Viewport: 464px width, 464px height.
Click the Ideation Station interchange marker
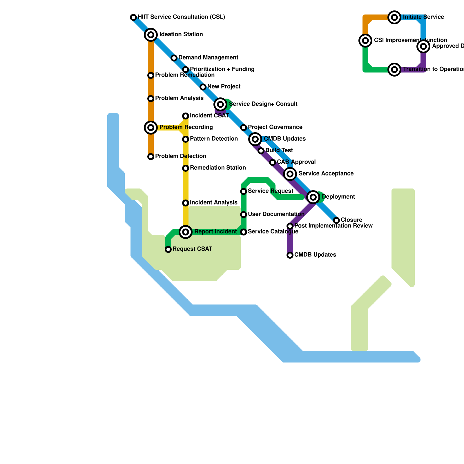[x=151, y=35]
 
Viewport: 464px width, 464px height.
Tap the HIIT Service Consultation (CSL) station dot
[x=133, y=17]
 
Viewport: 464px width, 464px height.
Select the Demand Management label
[x=208, y=58]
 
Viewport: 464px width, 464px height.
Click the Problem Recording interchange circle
[x=151, y=128]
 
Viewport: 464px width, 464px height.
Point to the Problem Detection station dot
[x=151, y=157]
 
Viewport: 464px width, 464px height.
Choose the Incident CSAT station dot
[x=186, y=116]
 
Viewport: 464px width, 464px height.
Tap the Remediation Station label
[x=218, y=168]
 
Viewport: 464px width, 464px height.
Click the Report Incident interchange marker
[x=186, y=232]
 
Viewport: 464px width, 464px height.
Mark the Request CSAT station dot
[x=168, y=249]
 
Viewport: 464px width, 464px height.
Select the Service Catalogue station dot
[x=244, y=232]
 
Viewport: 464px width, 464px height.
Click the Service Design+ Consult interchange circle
[x=220, y=104]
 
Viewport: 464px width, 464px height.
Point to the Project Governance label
[x=275, y=127]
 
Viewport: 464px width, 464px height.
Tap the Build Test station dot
[x=261, y=151]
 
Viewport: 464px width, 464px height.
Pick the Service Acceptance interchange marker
[x=290, y=174]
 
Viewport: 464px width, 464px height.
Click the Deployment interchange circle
[x=313, y=197]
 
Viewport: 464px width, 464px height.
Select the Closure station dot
[x=336, y=220]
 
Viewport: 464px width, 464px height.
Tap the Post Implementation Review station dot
[x=290, y=226]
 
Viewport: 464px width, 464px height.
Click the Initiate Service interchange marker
[x=394, y=17]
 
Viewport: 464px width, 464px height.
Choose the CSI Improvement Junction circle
[x=365, y=41]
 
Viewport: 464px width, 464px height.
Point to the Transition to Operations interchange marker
[x=394, y=70]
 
